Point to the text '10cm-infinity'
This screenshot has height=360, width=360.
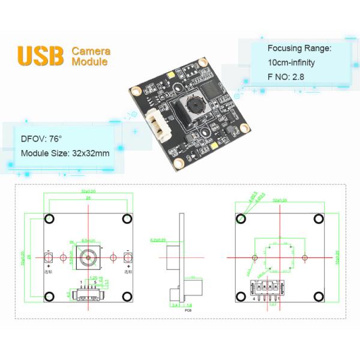click(291, 62)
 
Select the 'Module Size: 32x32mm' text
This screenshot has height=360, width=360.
click(65, 153)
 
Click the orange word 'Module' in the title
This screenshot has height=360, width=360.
click(90, 61)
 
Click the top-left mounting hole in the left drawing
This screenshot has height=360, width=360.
click(50, 218)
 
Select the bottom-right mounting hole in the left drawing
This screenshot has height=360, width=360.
click(127, 296)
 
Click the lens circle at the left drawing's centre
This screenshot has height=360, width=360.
click(88, 257)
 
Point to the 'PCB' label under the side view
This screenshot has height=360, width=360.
click(187, 310)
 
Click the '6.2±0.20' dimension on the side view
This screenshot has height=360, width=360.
click(155, 239)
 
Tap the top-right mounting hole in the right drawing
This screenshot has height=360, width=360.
click(319, 218)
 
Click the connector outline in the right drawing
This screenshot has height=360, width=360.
click(263, 286)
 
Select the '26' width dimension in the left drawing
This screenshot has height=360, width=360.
click(88, 197)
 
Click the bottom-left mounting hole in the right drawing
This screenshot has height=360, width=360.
click(242, 296)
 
